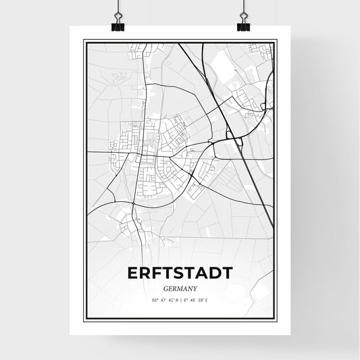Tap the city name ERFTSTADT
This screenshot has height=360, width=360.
tap(179, 273)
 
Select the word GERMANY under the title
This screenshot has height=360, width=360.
tap(179, 288)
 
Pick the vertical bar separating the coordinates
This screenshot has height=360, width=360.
tap(180, 300)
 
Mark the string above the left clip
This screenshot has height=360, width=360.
tap(118, 7)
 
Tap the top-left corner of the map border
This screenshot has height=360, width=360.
tap(84, 41)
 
